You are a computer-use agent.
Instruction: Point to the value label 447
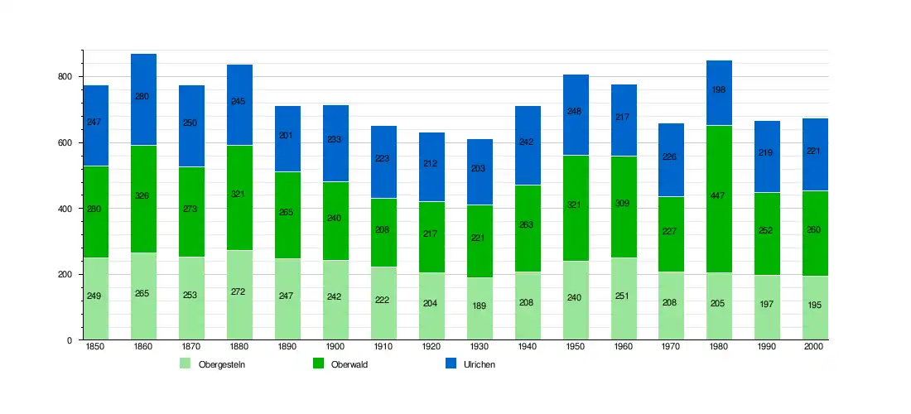click(719, 196)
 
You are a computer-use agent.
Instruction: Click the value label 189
click(480, 306)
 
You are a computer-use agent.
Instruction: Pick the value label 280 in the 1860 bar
click(142, 97)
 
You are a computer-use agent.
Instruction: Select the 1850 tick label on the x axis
click(95, 347)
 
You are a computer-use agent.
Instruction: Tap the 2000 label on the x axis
click(815, 347)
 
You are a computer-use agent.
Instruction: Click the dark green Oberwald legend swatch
click(318, 363)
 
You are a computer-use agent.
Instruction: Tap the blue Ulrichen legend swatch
click(451, 363)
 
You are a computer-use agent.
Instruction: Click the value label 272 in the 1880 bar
click(239, 291)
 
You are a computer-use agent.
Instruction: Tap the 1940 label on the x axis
click(527, 347)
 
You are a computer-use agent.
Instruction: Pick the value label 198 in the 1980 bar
click(719, 89)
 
